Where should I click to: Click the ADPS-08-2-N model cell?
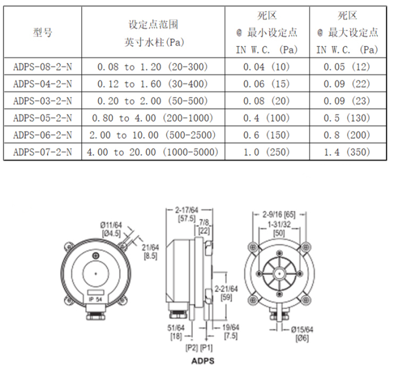(43, 67)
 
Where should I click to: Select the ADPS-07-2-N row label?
(43, 152)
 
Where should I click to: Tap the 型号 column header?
(43, 33)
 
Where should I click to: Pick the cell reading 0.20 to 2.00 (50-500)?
(153, 101)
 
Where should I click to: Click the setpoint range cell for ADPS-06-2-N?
(153, 135)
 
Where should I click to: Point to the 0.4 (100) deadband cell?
(266, 118)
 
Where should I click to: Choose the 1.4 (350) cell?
(347, 152)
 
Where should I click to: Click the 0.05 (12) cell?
(347, 67)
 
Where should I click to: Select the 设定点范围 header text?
(153, 24)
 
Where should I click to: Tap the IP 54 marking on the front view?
(95, 299)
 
